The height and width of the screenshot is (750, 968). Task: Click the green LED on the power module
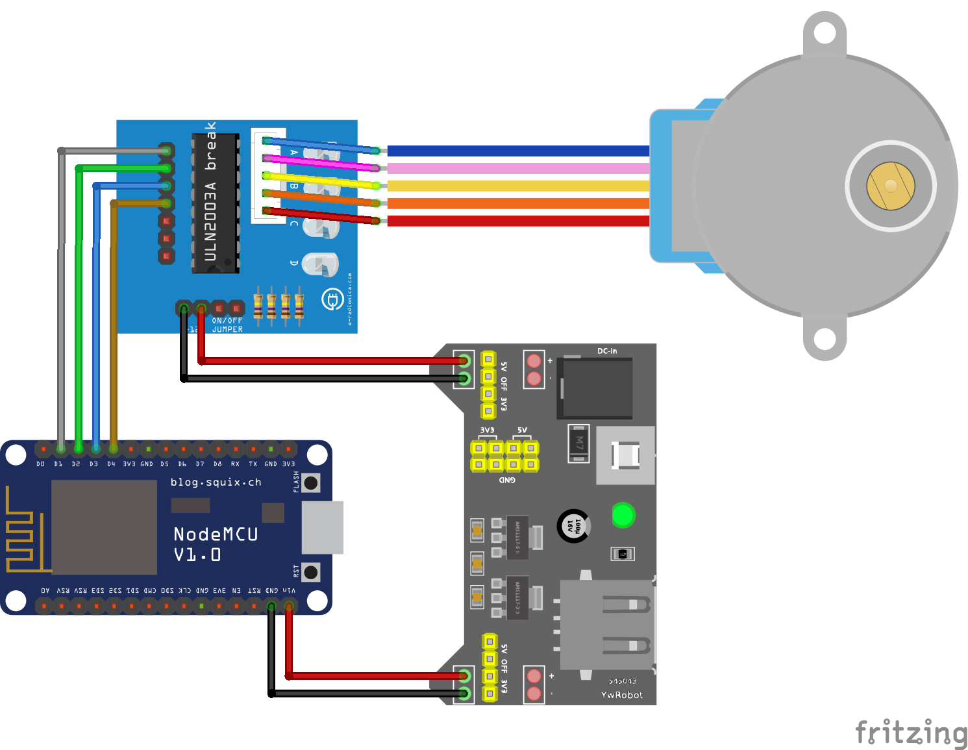(623, 516)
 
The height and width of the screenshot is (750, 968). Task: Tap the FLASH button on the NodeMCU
(312, 482)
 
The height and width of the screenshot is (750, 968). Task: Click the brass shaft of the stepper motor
(891, 186)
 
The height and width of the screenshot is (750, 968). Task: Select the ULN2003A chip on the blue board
(216, 203)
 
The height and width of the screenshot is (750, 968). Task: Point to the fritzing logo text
(911, 732)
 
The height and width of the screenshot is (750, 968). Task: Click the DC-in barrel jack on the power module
(596, 388)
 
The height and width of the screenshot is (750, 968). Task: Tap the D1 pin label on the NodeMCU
(58, 464)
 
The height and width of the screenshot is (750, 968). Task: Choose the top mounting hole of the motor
(825, 32)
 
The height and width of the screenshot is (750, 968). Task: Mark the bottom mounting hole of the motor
(825, 338)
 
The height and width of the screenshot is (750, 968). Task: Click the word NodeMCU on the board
(216, 534)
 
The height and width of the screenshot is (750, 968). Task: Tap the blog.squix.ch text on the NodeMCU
(216, 482)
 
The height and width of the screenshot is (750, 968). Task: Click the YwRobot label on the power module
(621, 695)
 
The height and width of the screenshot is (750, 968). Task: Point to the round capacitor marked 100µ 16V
(573, 525)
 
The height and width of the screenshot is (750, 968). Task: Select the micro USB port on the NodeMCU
(323, 527)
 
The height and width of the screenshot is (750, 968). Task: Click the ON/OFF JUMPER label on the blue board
(227, 325)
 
